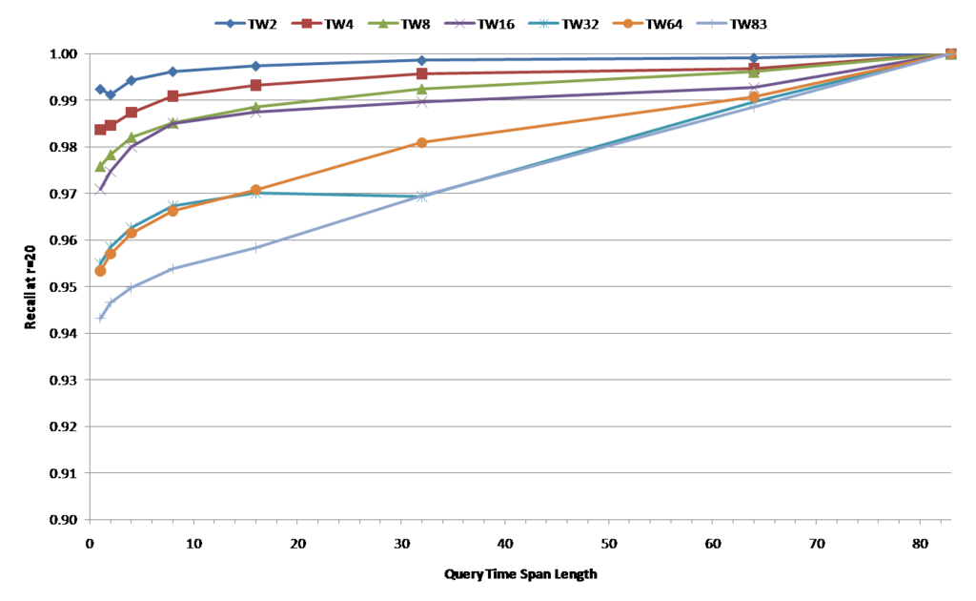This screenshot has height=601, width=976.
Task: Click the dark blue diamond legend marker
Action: point(230,23)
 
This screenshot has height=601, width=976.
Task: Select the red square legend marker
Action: point(307,23)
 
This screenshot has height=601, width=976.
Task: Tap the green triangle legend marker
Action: point(383,23)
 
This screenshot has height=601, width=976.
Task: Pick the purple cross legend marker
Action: point(459,23)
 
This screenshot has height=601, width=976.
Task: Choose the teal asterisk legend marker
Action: point(543,23)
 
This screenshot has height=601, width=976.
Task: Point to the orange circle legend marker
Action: point(627,23)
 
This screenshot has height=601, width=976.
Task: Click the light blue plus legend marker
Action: point(711,23)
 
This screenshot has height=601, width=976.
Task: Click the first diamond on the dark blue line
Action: point(100,90)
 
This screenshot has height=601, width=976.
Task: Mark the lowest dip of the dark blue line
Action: point(111,93)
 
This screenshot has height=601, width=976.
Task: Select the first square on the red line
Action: point(100,130)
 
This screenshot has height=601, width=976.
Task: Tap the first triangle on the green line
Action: point(100,166)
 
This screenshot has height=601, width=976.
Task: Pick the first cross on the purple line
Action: point(100,190)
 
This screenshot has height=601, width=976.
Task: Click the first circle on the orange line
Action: point(100,272)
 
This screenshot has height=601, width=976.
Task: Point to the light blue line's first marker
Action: point(100,318)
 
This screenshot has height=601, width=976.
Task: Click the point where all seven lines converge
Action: point(950,53)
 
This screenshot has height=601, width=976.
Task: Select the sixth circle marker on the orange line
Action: point(421,142)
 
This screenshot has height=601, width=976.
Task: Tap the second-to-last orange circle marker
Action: point(754,96)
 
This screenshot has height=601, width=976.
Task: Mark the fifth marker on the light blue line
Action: point(256,248)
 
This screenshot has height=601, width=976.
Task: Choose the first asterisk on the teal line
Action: point(100,260)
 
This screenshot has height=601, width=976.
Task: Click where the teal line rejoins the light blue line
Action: point(421,197)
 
